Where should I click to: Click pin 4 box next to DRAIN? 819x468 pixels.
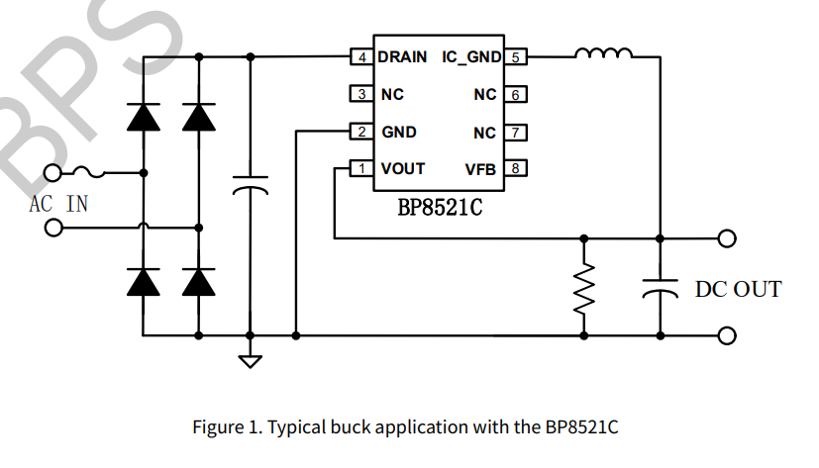pos(362,57)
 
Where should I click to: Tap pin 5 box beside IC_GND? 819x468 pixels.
pos(516,57)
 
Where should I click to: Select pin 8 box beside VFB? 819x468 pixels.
pos(516,168)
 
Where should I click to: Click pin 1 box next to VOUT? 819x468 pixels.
pos(362,168)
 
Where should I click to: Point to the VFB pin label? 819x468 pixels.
pos(480,169)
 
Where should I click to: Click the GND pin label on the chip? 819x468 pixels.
pos(399,132)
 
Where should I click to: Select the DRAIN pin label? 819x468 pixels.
pos(402,57)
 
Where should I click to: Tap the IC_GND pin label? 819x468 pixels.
pos(472,57)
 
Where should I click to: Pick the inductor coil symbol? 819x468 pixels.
pos(603,54)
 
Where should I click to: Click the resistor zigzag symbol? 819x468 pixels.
pos(583,288)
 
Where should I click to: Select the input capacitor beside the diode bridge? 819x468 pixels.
pos(251,188)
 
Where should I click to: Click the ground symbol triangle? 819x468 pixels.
pos(251,360)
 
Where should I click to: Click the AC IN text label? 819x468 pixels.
pos(58,204)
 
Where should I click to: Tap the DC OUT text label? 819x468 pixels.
pos(738,289)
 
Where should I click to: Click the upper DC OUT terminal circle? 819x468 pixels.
pos(728,238)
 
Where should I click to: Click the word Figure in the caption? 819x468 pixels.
pos(218,427)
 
